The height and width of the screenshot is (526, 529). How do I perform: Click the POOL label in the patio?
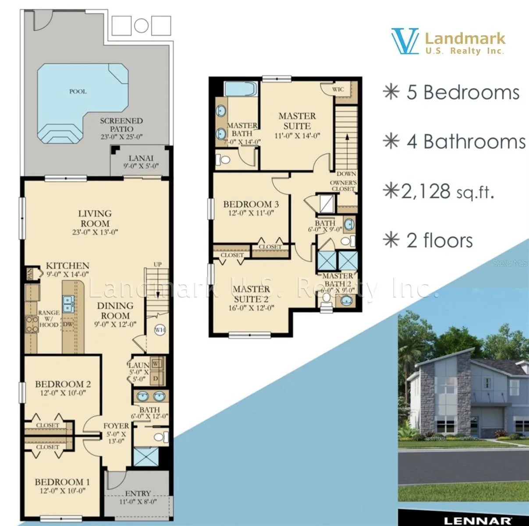[x=78, y=92]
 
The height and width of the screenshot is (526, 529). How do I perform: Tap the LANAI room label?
[x=141, y=158]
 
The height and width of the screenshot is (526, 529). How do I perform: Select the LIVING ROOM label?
[x=95, y=218]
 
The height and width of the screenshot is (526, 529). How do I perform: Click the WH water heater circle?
[x=159, y=330]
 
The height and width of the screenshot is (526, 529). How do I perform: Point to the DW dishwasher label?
[x=68, y=324]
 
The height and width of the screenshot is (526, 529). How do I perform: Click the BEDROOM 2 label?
[x=63, y=384]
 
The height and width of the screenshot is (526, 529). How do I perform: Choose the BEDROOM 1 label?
[x=62, y=482]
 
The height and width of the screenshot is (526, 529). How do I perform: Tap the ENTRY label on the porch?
[x=138, y=493]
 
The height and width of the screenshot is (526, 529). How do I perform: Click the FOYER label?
[x=116, y=426]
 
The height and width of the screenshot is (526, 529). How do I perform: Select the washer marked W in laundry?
[x=156, y=364]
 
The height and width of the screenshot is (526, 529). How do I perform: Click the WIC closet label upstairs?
[x=338, y=89]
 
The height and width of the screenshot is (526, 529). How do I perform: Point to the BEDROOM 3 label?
[x=251, y=204]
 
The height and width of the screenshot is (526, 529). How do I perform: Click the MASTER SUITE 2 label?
[x=251, y=294]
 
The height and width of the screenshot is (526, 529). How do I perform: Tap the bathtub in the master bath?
[x=240, y=89]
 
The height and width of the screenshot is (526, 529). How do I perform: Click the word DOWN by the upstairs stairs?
[x=346, y=174]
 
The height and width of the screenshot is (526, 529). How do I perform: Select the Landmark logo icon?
[x=405, y=42]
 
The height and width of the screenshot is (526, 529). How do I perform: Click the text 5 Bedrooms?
[x=462, y=92]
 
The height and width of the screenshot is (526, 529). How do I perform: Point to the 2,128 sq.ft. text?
[x=448, y=192]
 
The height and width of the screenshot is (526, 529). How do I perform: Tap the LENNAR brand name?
[x=477, y=521]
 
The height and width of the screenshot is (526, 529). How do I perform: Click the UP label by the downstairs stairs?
[x=157, y=264]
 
